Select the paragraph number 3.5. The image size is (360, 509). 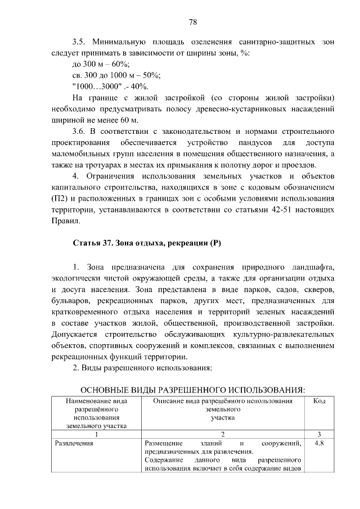pos(79,42)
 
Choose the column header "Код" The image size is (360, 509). pos(319,401)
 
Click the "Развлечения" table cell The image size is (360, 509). pos(74,443)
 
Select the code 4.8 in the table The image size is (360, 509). pos(319,443)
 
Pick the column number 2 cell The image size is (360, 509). pos(223,434)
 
